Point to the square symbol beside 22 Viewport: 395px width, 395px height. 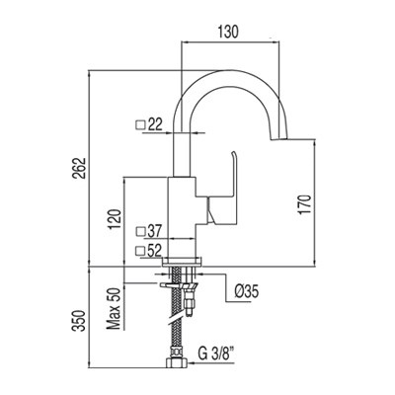(x=140, y=123)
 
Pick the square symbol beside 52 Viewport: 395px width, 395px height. (x=139, y=250)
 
